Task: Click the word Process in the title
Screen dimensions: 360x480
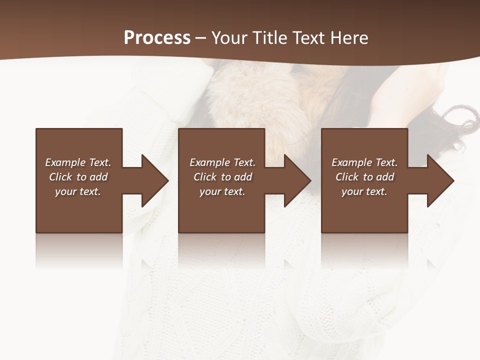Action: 157,38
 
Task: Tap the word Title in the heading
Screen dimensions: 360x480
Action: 268,38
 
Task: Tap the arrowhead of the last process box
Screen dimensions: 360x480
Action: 439,180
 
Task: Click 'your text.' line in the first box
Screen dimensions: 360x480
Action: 78,191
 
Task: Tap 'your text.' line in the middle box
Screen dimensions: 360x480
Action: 222,191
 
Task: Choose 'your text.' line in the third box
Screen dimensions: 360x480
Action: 364,191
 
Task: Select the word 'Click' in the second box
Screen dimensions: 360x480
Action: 205,177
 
